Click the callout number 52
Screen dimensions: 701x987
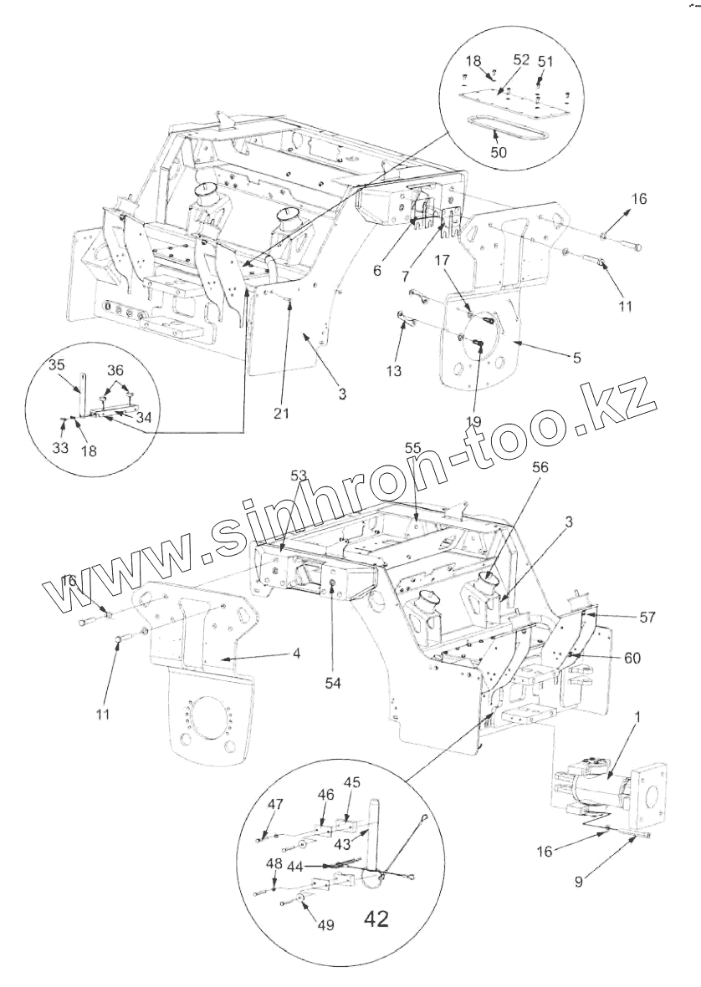521,60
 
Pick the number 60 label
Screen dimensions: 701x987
632,659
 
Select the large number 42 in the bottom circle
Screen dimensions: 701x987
376,919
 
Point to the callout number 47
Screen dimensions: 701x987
275,804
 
